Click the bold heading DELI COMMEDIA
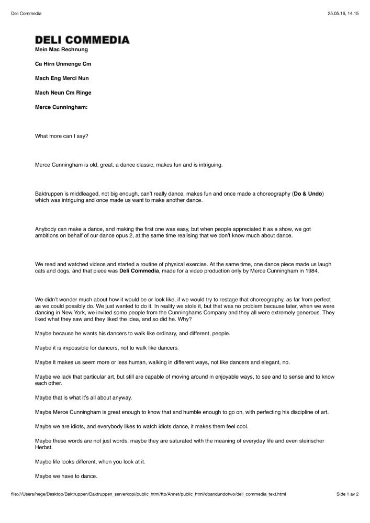pos(82,40)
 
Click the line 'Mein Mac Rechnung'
pos(61,50)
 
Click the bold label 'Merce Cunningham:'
pos(61,107)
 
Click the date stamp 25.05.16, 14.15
pos(343,14)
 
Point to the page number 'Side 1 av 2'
pos(346,494)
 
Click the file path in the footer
pos(148,494)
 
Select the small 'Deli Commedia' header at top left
pos(26,14)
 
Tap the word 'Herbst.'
pos(44,448)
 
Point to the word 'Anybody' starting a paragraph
pos(46,229)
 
